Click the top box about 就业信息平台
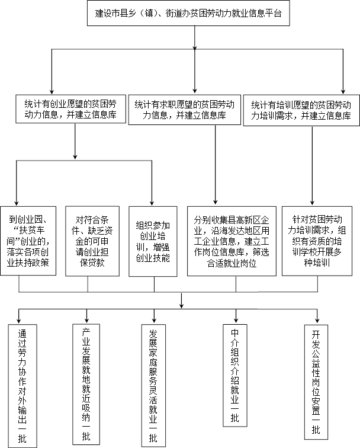(188, 13)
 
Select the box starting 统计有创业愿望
(71, 109)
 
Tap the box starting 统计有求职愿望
(185, 110)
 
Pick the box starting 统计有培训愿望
(301, 110)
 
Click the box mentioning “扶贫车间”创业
(28, 241)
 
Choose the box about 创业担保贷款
(92, 241)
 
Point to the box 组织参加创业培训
(153, 241)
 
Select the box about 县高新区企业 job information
(232, 241)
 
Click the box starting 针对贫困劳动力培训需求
(317, 241)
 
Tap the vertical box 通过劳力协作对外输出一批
(22, 386)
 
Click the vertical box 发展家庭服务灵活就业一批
(153, 386)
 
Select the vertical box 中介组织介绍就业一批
(235, 376)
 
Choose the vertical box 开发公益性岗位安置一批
(316, 382)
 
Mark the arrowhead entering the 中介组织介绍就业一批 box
(236, 320)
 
